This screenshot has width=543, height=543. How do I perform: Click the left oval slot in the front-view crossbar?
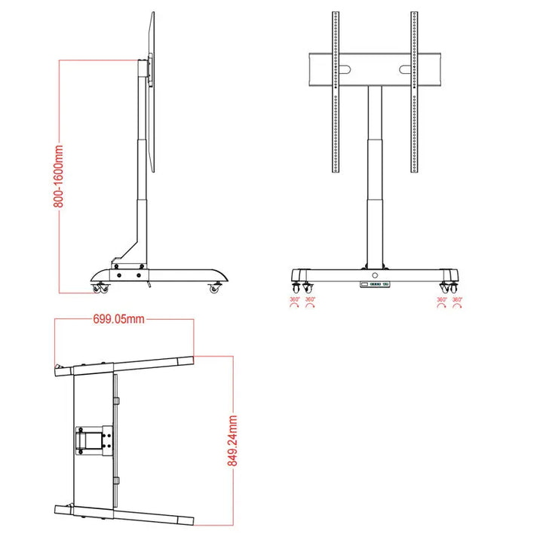tap(344, 70)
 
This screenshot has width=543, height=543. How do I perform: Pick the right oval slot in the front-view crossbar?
tap(405, 70)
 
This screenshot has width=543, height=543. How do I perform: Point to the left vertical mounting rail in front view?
tap(334, 90)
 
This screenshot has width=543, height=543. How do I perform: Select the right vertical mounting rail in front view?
tap(414, 90)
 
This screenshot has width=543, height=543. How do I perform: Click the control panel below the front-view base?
tap(374, 284)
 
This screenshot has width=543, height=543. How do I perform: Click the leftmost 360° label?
tap(294, 300)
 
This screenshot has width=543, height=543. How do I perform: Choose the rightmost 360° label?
tap(456, 300)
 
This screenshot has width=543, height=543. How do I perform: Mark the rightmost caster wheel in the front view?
tap(450, 287)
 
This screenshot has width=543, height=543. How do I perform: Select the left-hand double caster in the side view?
tap(100, 287)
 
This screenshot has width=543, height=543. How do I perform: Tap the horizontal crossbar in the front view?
tap(374, 70)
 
